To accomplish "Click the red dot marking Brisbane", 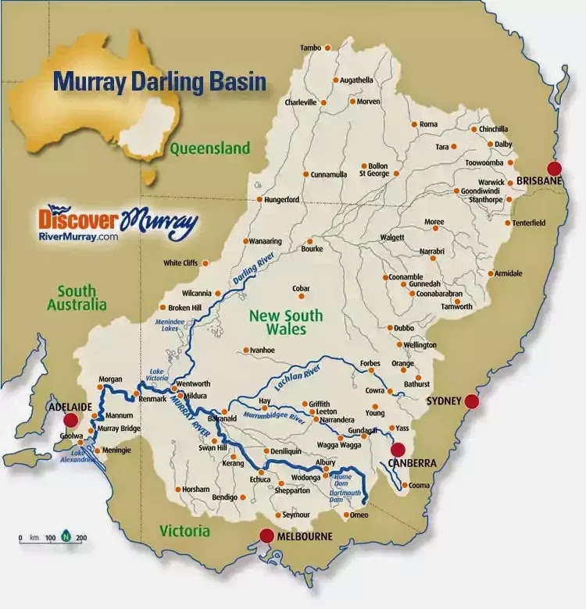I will tap(555, 169).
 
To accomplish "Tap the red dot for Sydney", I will tap(471, 401).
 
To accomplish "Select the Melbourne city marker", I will tap(266, 536).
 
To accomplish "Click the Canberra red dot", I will tap(398, 450).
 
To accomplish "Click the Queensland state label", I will tap(210, 148).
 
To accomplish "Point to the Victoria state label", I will tap(184, 531).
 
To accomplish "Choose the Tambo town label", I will tap(310, 48).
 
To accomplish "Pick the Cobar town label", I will tap(302, 289).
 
